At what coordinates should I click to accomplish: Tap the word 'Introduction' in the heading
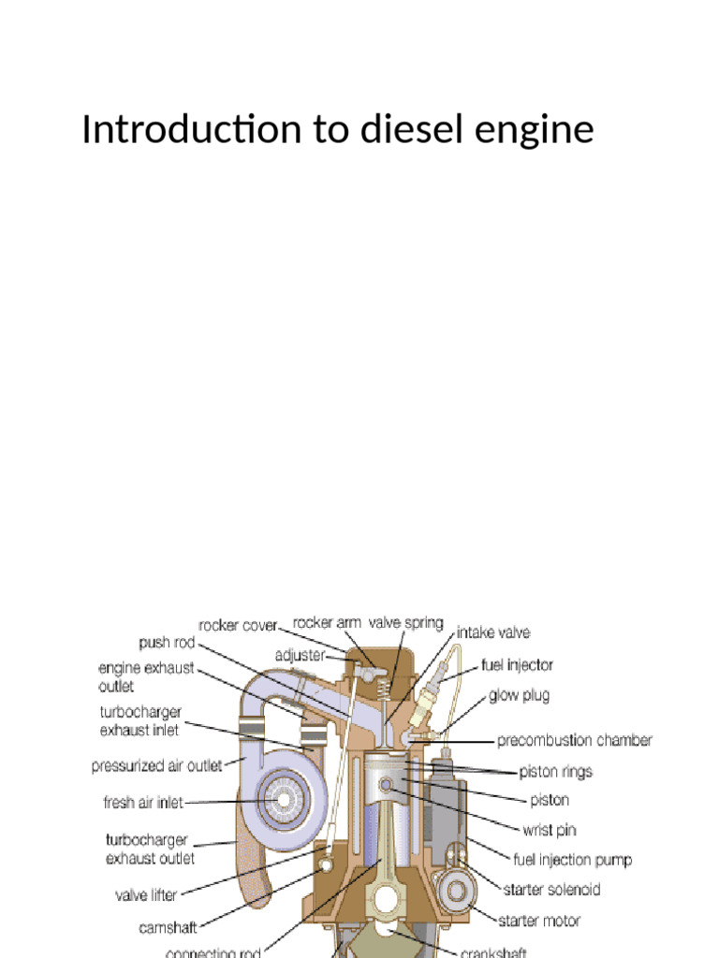[x=187, y=130]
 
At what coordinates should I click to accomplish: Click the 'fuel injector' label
[x=517, y=665]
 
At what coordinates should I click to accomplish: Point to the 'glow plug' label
[x=519, y=695]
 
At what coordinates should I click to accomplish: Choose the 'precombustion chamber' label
[x=574, y=740]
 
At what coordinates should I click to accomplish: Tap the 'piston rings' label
[x=556, y=772]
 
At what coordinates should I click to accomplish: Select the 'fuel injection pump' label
[x=572, y=859]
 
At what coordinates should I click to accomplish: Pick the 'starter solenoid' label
[x=551, y=889]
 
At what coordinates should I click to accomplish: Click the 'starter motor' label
[x=541, y=921]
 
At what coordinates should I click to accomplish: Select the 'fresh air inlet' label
[x=143, y=802]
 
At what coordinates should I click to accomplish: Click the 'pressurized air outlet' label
[x=157, y=766]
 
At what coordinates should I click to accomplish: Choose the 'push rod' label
[x=167, y=643]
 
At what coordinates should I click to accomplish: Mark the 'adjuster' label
[x=299, y=657]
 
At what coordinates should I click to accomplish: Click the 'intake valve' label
[x=492, y=632]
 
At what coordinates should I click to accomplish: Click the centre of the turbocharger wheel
[x=278, y=799]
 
